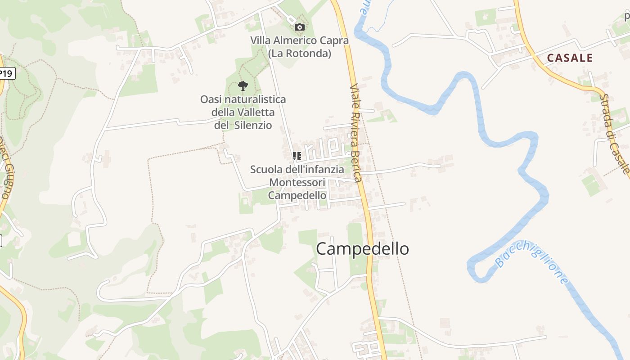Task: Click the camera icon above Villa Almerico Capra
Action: tap(299, 27)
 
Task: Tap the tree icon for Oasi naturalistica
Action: tap(243, 85)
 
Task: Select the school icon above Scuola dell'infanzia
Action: tap(297, 156)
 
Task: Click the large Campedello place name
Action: tap(362, 248)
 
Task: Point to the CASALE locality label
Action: tap(570, 58)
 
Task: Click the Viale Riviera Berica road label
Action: tap(356, 133)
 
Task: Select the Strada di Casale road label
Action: tap(615, 133)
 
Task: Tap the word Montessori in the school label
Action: tap(297, 182)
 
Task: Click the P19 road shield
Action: tap(6, 73)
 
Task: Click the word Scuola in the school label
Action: tap(266, 170)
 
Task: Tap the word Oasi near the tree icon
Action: tap(210, 99)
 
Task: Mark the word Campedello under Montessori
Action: tap(297, 195)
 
